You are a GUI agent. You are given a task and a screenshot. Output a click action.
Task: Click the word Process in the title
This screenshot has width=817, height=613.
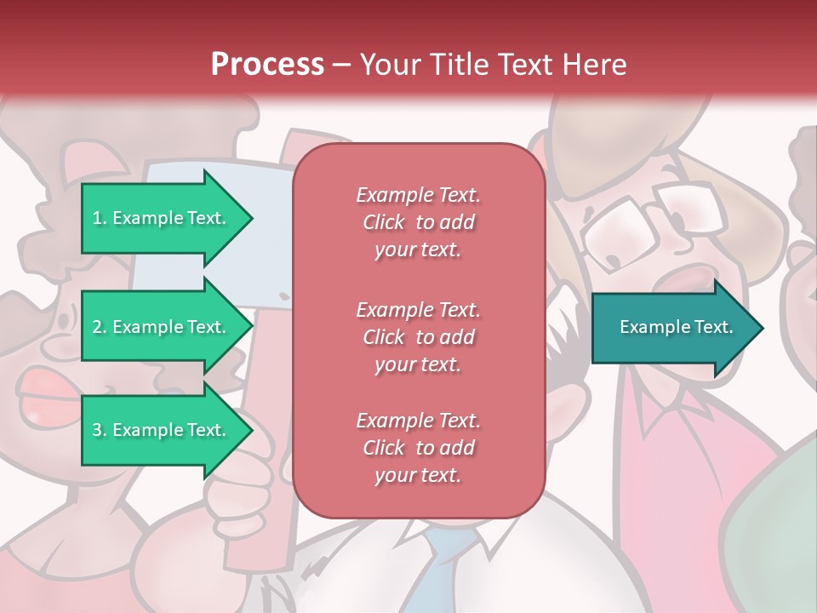tap(267, 65)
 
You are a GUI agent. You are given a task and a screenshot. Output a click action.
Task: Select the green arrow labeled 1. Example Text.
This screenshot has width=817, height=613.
tap(162, 218)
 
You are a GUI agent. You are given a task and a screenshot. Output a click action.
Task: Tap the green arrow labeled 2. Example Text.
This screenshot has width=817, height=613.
tap(162, 327)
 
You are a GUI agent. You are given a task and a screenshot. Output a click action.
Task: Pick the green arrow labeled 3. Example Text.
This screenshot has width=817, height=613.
tap(162, 430)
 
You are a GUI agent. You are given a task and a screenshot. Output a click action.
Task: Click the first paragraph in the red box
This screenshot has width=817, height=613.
tap(418, 222)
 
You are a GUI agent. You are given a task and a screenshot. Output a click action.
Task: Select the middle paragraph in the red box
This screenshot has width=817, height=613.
tap(418, 337)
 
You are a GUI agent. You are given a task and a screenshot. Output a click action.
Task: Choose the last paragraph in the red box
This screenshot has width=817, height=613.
tap(418, 448)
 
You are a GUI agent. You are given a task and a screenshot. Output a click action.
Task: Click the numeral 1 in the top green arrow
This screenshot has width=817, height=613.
tap(97, 218)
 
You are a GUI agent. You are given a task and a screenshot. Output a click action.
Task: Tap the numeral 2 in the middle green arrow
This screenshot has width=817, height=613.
tap(97, 327)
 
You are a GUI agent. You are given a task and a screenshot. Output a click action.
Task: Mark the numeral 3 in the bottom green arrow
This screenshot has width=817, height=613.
tap(97, 430)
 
